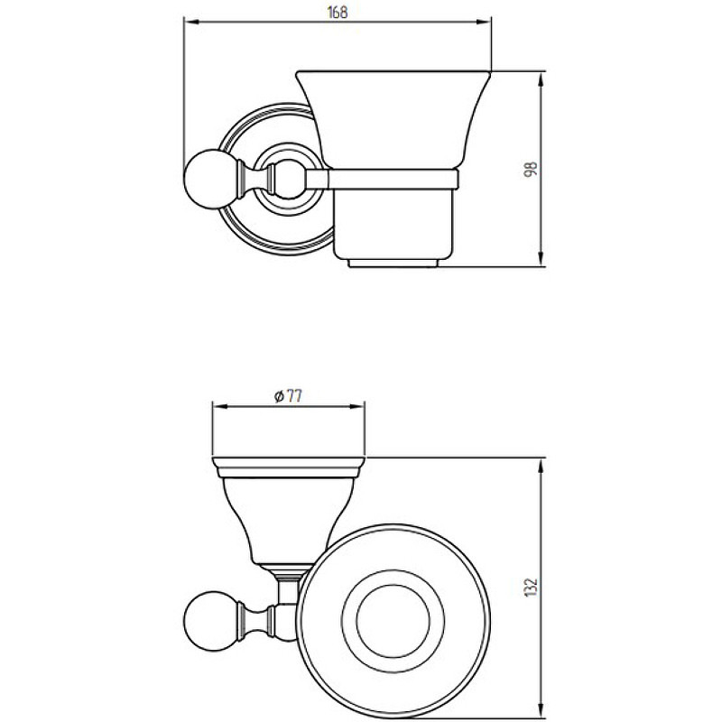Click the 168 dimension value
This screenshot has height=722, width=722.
pos(338,13)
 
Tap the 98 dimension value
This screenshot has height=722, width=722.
pos(531,169)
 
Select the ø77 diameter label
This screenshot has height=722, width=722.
pos(288,396)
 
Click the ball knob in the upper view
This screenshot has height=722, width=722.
pos(203,179)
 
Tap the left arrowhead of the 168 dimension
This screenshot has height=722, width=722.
pos(190,22)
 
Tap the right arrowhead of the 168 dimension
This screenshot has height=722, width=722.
pos(485,22)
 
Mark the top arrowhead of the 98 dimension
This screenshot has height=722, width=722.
pos(541,79)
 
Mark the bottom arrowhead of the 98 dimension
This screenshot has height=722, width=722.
pos(541,259)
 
